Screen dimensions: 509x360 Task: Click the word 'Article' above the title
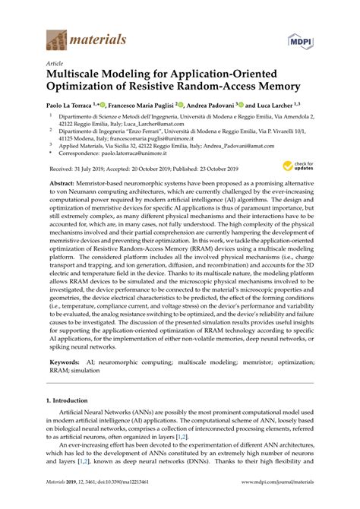coord(55,65)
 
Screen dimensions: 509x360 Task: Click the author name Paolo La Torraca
coord(74,106)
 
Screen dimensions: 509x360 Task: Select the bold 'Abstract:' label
coord(63,206)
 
